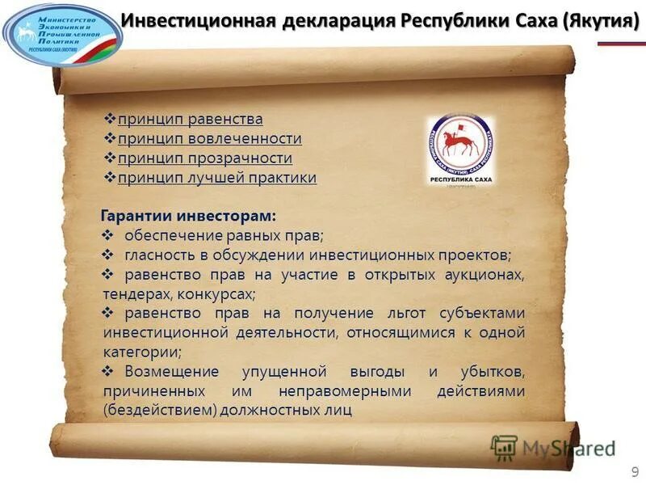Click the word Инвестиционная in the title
[204, 19]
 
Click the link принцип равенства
[191, 120]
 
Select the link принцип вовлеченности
[210, 139]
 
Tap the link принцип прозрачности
[205, 158]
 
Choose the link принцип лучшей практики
[217, 178]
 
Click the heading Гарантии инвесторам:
[187, 216]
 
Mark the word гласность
[158, 255]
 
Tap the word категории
[141, 352]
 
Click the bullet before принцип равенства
[111, 120]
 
